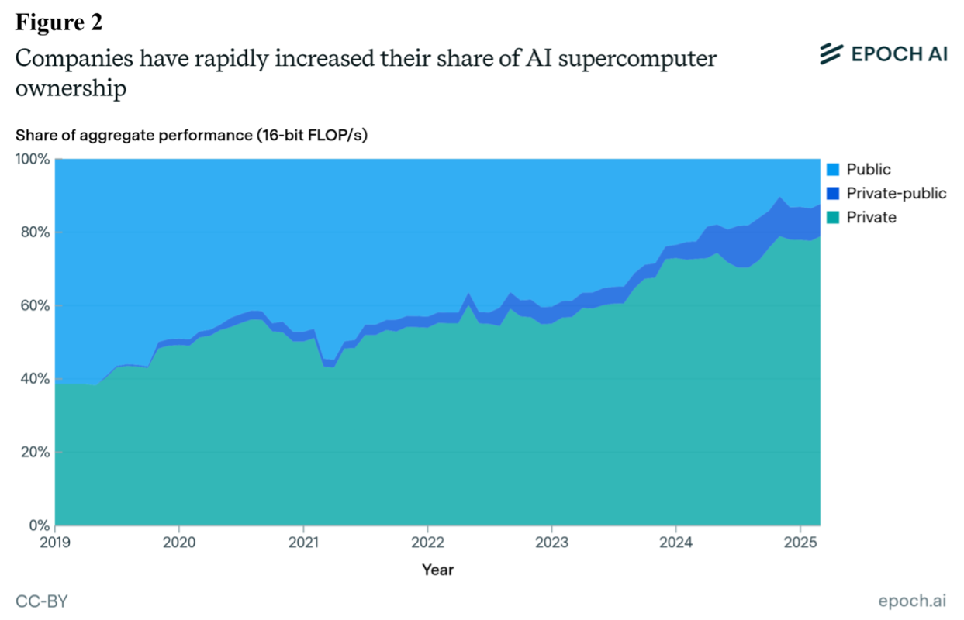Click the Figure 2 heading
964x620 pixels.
(x=59, y=22)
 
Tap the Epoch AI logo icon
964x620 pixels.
(x=831, y=53)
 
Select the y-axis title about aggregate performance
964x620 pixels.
(x=191, y=135)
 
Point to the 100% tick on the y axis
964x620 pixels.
(x=32, y=159)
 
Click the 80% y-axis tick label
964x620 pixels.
(x=35, y=232)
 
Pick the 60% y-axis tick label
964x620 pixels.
(x=35, y=305)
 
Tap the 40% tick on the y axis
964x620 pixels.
(x=35, y=379)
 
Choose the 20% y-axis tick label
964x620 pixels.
(x=35, y=452)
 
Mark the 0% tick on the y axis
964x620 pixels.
(x=39, y=525)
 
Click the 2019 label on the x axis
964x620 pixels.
(x=55, y=540)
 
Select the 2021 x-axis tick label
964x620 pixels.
(x=303, y=540)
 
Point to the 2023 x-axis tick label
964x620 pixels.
(x=551, y=540)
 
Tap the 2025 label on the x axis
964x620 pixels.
(x=799, y=540)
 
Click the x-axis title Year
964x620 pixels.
(x=437, y=570)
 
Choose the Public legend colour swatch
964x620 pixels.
(x=833, y=170)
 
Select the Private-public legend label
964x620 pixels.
(x=897, y=193)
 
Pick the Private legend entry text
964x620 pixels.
(x=871, y=217)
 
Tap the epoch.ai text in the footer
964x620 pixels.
(x=913, y=601)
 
